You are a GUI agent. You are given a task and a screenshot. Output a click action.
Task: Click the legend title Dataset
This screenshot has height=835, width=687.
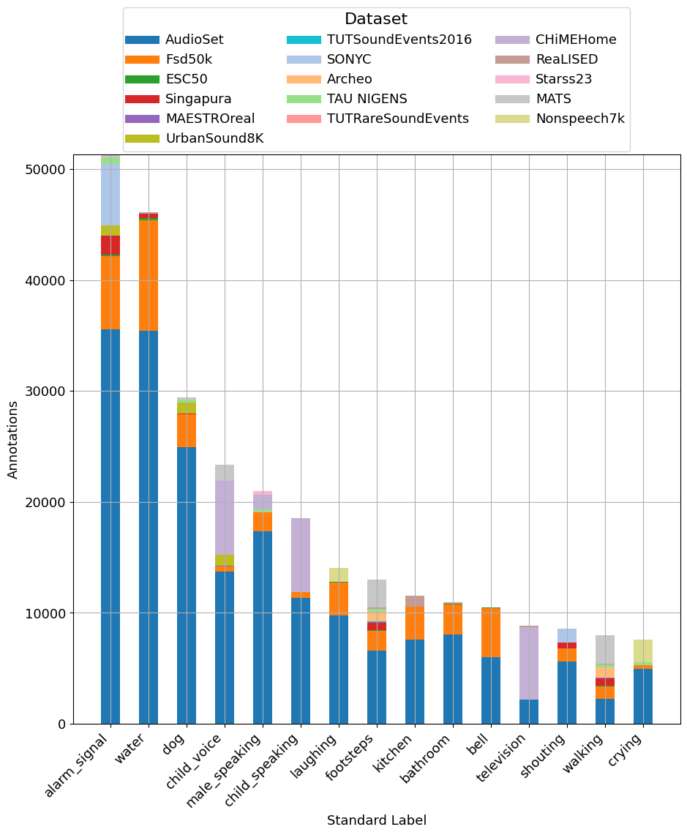point(376,19)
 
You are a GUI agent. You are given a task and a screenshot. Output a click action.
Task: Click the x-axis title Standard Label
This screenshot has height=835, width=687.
point(376,820)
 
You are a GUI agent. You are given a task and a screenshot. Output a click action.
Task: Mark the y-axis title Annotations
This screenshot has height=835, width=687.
point(13,438)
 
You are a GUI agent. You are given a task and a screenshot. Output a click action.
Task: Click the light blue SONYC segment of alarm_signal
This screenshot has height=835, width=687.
point(110,195)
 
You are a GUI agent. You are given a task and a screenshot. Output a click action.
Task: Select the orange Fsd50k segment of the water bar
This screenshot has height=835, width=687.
point(149,275)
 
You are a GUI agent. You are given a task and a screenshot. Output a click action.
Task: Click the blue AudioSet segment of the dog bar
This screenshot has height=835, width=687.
point(187,585)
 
